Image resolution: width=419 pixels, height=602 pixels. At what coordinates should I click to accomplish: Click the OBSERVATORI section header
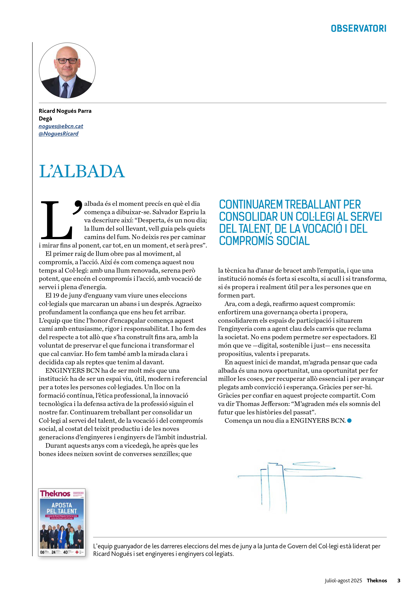[x=358, y=28]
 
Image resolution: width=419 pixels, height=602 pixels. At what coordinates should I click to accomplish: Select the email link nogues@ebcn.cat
[x=61, y=126]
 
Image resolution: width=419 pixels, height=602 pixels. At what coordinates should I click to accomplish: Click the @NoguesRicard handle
[x=58, y=134]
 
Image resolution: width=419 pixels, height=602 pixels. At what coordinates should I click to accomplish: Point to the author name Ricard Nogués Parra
[x=65, y=111]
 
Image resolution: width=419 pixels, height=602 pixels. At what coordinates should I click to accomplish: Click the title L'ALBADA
[x=82, y=171]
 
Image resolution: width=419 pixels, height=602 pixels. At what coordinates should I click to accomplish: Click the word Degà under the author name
[x=45, y=118]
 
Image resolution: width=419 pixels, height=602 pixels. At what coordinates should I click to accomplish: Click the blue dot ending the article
[x=349, y=421]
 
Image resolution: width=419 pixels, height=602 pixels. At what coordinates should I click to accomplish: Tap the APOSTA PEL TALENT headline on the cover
[x=62, y=508]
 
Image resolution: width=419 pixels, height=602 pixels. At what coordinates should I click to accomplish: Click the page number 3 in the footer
[x=399, y=581]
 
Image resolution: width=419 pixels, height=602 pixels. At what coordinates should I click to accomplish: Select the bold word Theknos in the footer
[x=377, y=581]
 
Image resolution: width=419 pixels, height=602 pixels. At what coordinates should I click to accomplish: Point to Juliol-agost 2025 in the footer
[x=343, y=581]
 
